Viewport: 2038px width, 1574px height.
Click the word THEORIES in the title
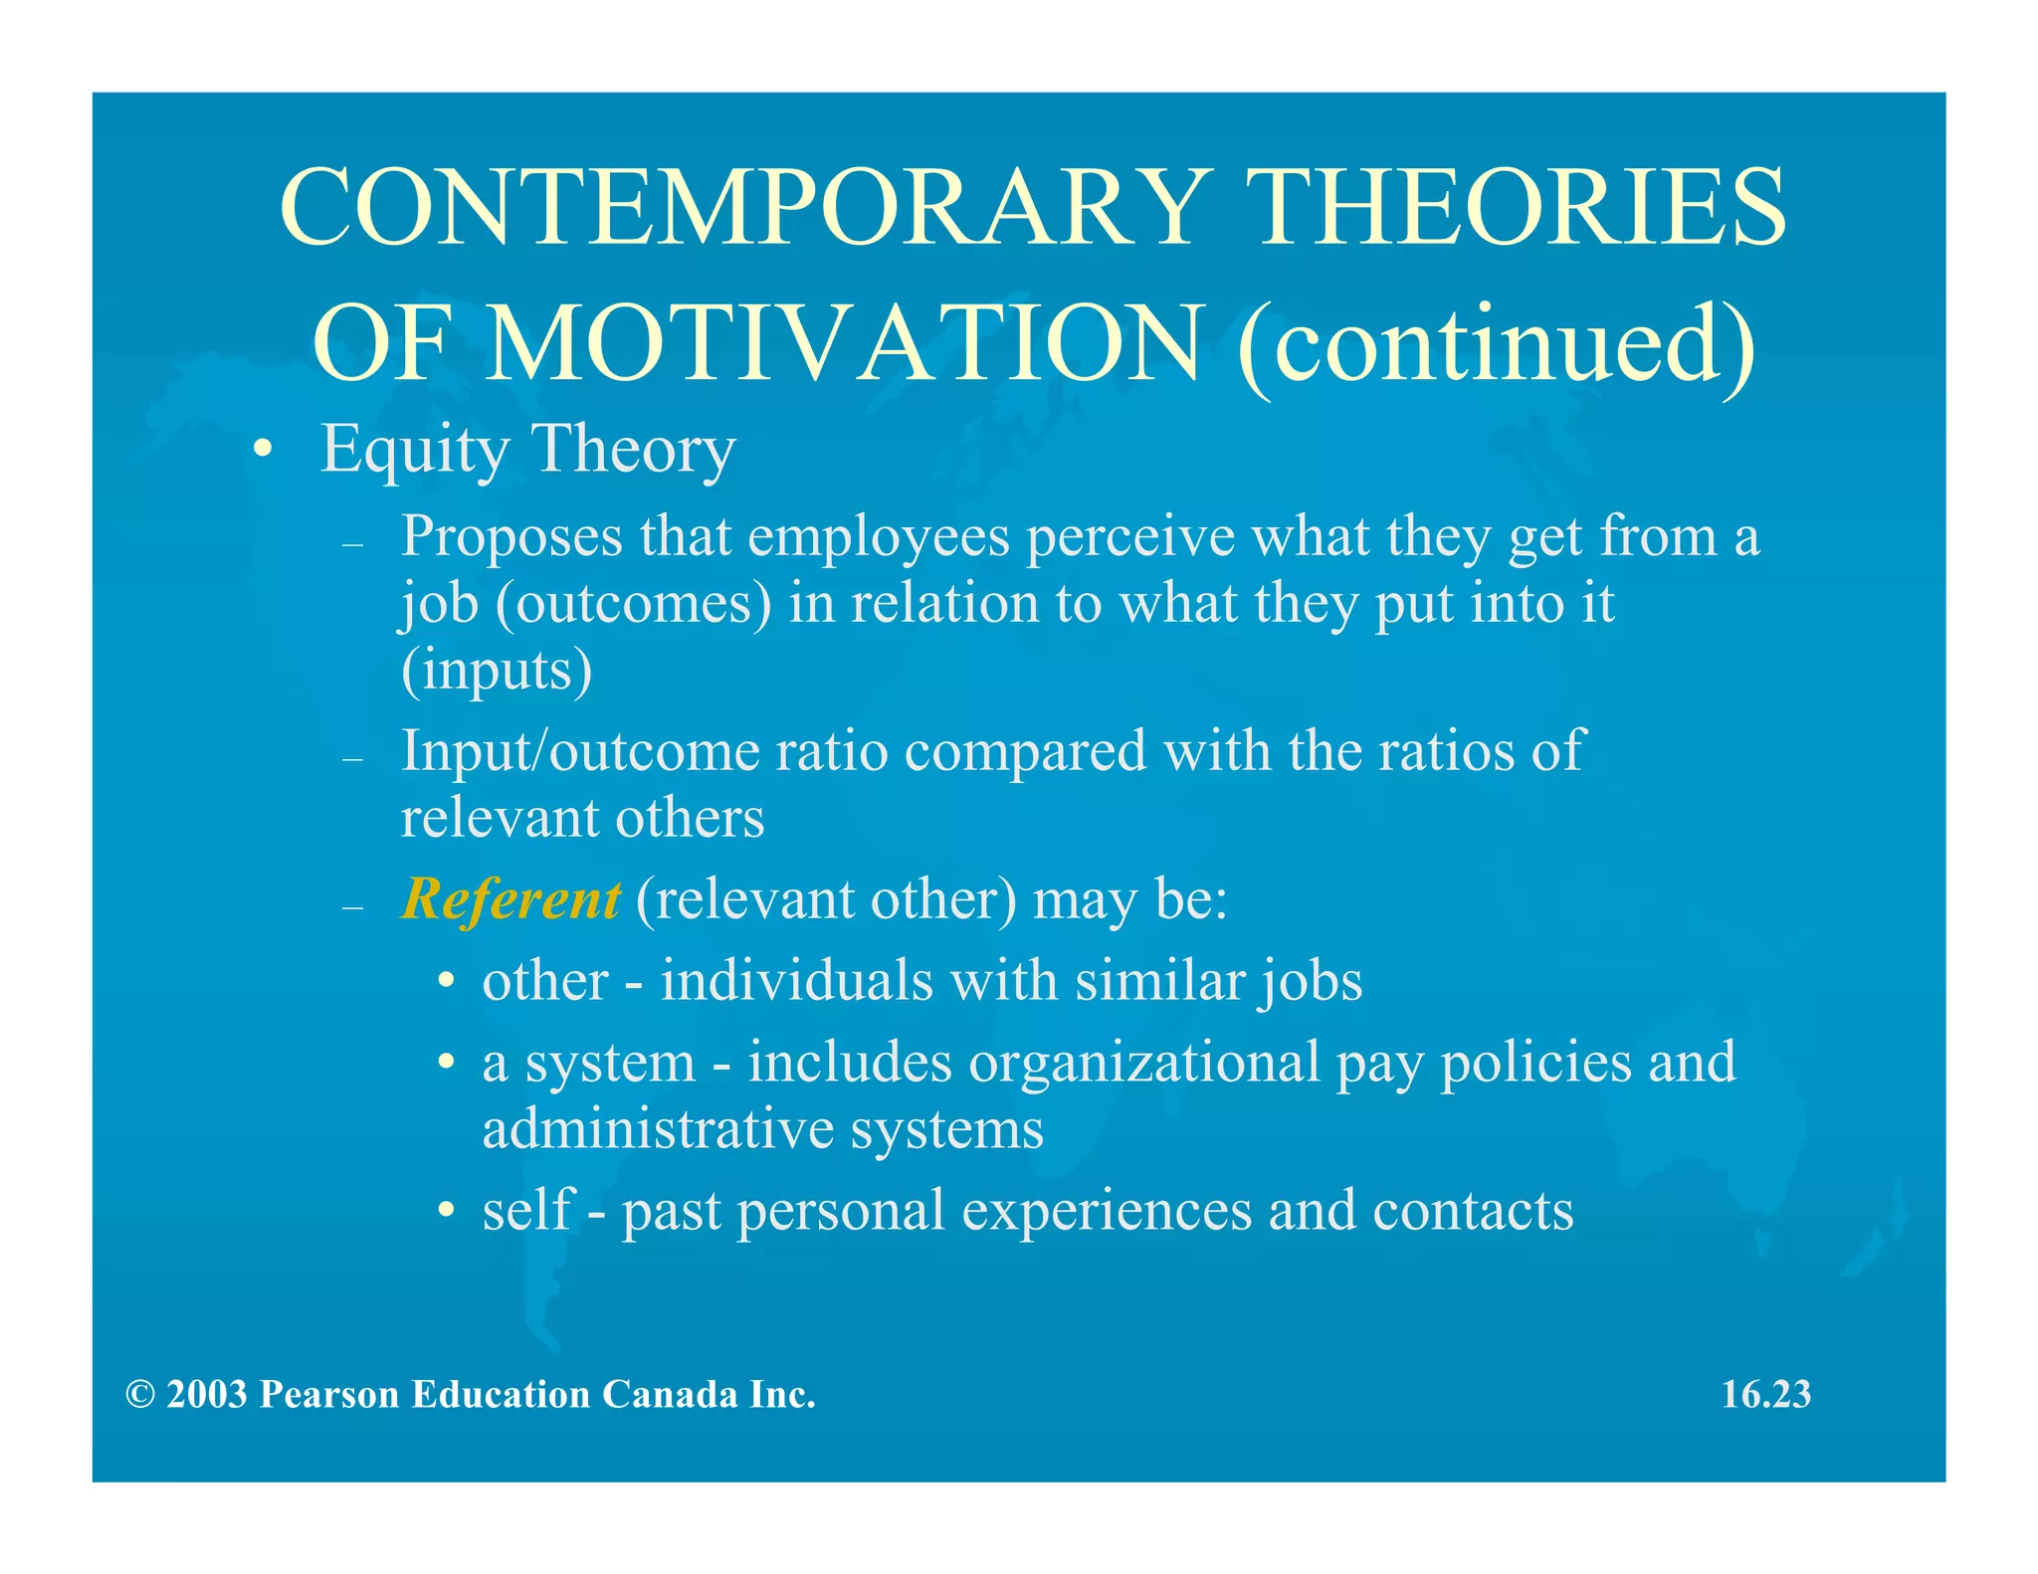(x=1522, y=208)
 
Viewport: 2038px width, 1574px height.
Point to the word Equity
(x=414, y=450)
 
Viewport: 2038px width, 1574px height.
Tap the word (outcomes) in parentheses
(x=633, y=604)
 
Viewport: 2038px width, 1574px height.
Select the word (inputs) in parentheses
(x=496, y=670)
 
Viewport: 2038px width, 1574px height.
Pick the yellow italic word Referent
(x=510, y=899)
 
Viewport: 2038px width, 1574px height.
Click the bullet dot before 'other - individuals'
(x=448, y=982)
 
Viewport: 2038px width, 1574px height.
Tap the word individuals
(x=797, y=981)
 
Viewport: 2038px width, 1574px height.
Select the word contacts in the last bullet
(x=1473, y=1211)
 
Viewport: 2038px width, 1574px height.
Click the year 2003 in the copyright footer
(x=206, y=1395)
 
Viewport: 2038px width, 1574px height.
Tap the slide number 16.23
(x=1765, y=1395)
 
